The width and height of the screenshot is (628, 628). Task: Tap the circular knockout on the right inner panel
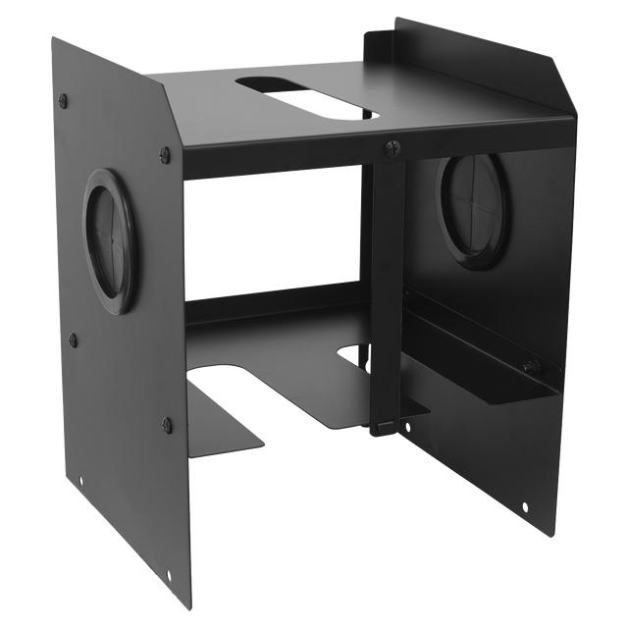point(469,207)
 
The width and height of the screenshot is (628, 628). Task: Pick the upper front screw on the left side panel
point(164,153)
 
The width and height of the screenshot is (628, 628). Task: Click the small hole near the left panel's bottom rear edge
point(80,481)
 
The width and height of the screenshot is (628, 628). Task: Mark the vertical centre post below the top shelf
point(382,285)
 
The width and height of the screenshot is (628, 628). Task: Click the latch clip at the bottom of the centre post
point(386,425)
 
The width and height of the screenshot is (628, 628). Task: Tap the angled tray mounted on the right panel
point(481,368)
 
